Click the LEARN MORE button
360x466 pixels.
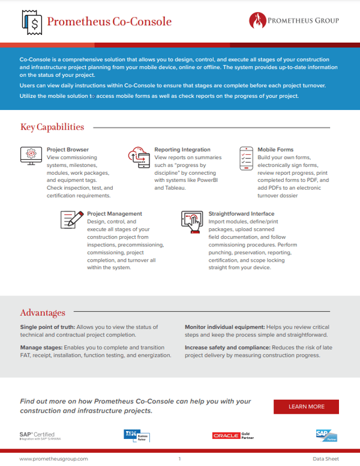(306, 407)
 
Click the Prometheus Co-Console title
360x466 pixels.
(109, 22)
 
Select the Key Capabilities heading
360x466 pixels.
(52, 127)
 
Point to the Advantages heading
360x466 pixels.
(43, 312)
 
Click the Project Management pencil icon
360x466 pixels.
(71, 219)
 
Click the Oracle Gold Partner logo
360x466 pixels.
(230, 435)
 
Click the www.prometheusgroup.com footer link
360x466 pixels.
(53, 458)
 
